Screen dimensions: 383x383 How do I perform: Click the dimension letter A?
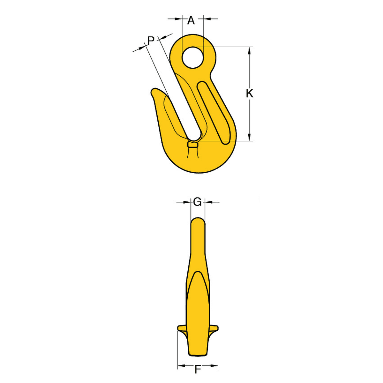click(x=191, y=20)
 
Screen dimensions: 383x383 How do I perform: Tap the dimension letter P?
click(x=151, y=41)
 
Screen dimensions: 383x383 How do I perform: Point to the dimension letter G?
click(x=197, y=202)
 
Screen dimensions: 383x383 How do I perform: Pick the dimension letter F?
click(x=198, y=370)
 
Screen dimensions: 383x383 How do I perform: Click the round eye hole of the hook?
click(x=192, y=58)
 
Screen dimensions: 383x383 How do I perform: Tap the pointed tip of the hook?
click(x=153, y=90)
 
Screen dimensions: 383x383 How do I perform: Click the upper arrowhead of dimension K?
click(x=250, y=51)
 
